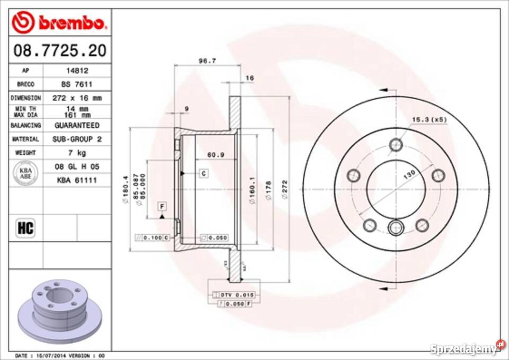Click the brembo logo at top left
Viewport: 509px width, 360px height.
click(x=60, y=22)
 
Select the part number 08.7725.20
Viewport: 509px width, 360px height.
click(x=60, y=51)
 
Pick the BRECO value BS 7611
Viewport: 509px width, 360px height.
click(x=76, y=84)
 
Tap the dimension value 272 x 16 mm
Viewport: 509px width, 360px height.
click(x=77, y=98)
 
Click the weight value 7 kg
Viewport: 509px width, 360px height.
click(x=77, y=153)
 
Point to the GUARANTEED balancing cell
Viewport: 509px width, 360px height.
click(x=77, y=126)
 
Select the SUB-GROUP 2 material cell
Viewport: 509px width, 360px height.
click(x=77, y=139)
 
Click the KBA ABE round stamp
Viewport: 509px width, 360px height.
click(x=25, y=173)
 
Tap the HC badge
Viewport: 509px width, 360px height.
click(x=25, y=229)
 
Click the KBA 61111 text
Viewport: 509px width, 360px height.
click(x=77, y=180)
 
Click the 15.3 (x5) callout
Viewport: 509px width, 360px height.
click(x=429, y=119)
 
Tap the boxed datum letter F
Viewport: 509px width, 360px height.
click(x=161, y=206)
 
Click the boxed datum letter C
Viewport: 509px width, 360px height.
click(x=203, y=173)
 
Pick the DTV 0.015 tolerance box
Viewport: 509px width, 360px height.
click(x=234, y=294)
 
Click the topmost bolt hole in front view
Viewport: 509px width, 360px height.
click(x=396, y=145)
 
